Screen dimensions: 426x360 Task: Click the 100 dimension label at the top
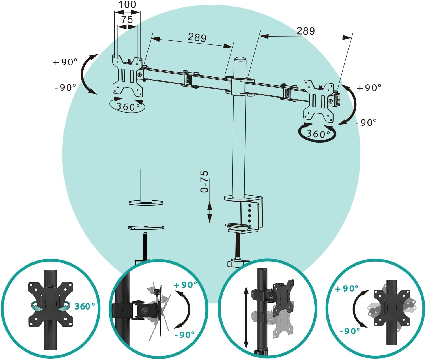coord(127,4)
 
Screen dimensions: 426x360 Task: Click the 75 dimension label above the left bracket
coord(127,20)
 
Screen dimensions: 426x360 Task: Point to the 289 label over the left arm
coord(197,37)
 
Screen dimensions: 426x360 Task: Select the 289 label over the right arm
coord(306,31)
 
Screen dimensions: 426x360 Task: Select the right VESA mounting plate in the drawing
coord(319,101)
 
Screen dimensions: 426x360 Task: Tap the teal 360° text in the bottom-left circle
coord(85,306)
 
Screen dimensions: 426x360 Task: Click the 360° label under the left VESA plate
coord(128,106)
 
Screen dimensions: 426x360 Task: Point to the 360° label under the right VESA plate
coord(318,134)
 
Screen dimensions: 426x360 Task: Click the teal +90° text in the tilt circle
coord(185,285)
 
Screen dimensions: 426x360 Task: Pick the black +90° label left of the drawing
coord(65,62)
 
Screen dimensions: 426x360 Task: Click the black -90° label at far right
coord(366,123)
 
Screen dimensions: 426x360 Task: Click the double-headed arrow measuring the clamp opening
coord(210,211)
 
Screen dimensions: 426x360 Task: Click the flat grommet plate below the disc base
coord(146,227)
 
